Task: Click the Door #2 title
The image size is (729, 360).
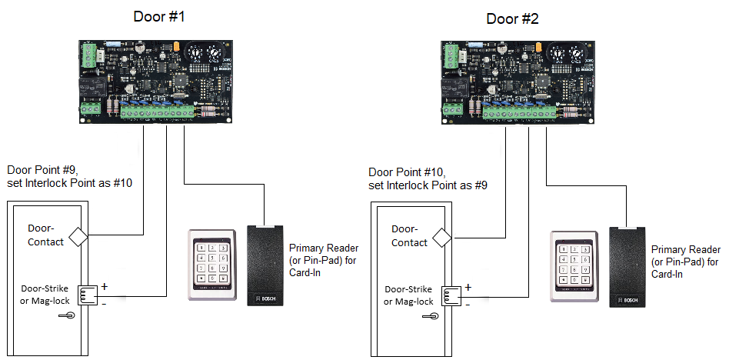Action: [513, 18]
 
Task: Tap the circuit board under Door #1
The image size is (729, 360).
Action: [155, 81]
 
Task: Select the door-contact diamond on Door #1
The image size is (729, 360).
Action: [78, 235]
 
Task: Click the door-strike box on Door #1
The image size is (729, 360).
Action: [86, 295]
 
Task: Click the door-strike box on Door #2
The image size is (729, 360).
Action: [450, 295]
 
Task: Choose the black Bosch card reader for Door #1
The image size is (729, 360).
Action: [265, 265]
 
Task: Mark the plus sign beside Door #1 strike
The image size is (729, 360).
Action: [104, 286]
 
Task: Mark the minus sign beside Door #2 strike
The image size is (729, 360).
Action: [467, 302]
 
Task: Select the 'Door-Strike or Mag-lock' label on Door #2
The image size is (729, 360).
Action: [408, 295]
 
